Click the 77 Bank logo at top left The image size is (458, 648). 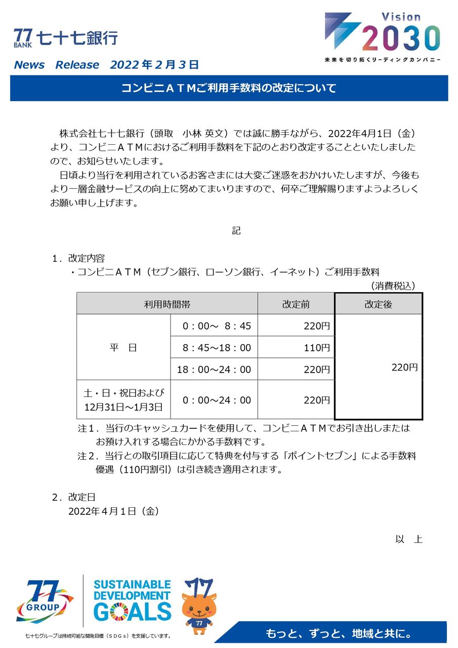pos(66,38)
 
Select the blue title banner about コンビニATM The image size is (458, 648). pos(229,89)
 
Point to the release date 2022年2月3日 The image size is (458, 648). pos(154,65)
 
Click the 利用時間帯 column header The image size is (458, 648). pos(167,304)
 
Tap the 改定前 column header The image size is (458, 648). pos(296,304)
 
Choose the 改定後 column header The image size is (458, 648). pos(378,304)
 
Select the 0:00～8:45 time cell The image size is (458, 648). pos(214,326)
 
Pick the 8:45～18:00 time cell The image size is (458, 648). pos(214,348)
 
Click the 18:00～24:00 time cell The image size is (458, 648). pos(214,370)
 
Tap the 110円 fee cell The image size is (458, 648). pos(317,348)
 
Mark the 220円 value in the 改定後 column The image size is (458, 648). pos(404,368)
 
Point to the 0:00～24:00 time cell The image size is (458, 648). pos(217,400)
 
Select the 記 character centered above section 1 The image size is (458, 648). pos(236,231)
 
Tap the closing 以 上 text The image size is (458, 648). pos(409,539)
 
